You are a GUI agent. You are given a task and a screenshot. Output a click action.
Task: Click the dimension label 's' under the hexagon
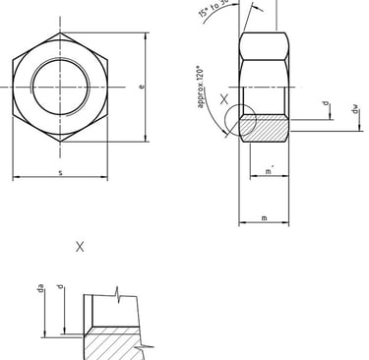(x=61, y=173)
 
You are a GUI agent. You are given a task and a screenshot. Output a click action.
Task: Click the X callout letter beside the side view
(x=224, y=100)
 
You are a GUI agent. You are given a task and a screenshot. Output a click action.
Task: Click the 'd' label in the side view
(x=324, y=103)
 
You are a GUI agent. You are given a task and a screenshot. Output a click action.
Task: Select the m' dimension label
(x=269, y=173)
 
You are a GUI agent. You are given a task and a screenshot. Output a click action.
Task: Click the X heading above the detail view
(x=80, y=247)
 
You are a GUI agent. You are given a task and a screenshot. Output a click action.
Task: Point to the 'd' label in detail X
(x=61, y=288)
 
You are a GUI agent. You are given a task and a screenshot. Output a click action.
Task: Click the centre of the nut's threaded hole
(x=61, y=87)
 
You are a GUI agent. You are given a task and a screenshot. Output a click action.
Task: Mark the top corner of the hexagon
(x=61, y=31)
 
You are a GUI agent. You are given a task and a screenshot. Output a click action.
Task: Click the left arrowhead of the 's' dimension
(x=15, y=178)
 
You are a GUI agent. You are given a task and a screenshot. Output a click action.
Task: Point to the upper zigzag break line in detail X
(x=118, y=292)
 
